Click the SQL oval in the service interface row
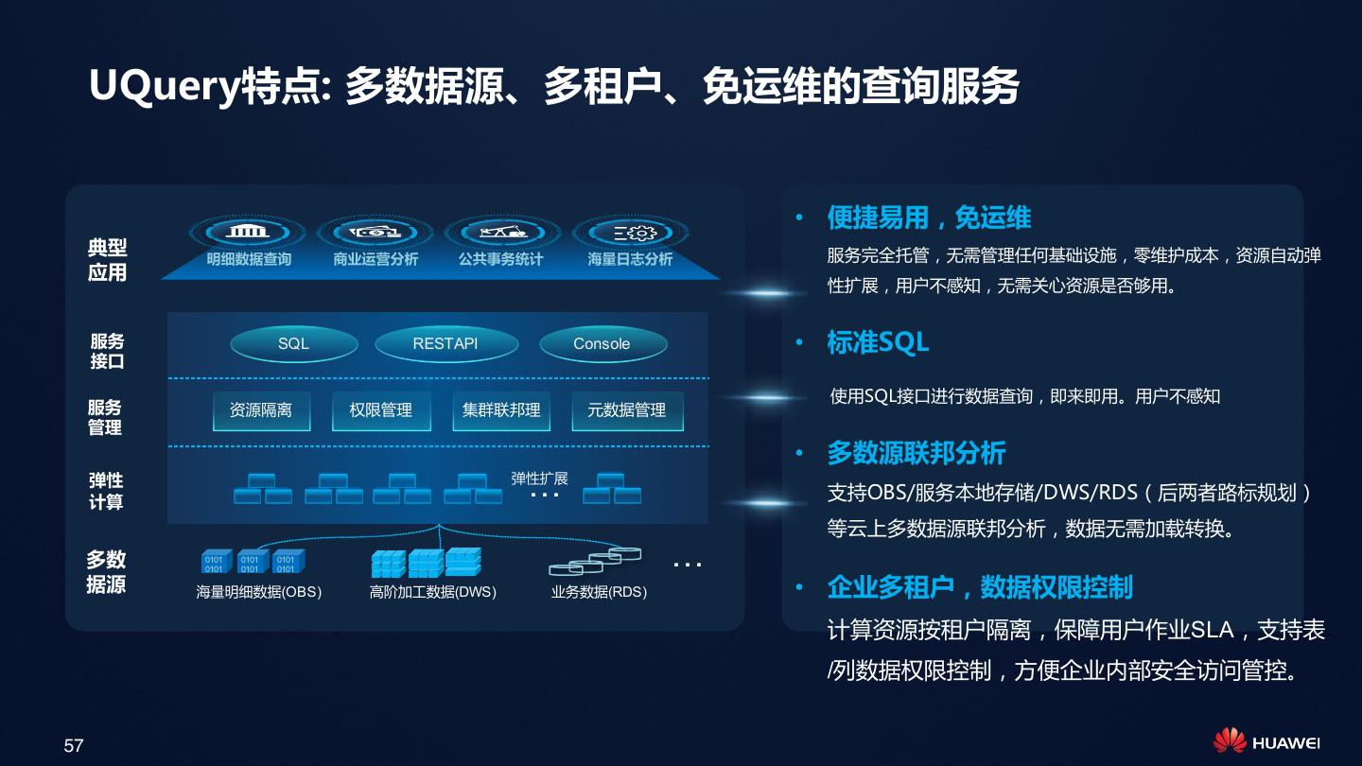(293, 344)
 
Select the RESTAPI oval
(445, 344)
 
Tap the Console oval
(602, 344)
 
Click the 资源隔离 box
(261, 410)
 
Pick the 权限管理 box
(381, 410)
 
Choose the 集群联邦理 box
(501, 410)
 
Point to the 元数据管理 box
(627, 410)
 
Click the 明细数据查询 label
(249, 259)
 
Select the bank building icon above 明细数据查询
(248, 232)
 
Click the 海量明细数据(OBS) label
(258, 592)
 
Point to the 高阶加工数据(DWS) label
(432, 592)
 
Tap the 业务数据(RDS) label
(599, 592)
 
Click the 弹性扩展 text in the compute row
(539, 479)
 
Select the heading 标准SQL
(878, 342)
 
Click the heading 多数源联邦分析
(916, 453)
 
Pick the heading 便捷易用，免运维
(929, 218)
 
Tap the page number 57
(74, 745)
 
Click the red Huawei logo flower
(1230, 740)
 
